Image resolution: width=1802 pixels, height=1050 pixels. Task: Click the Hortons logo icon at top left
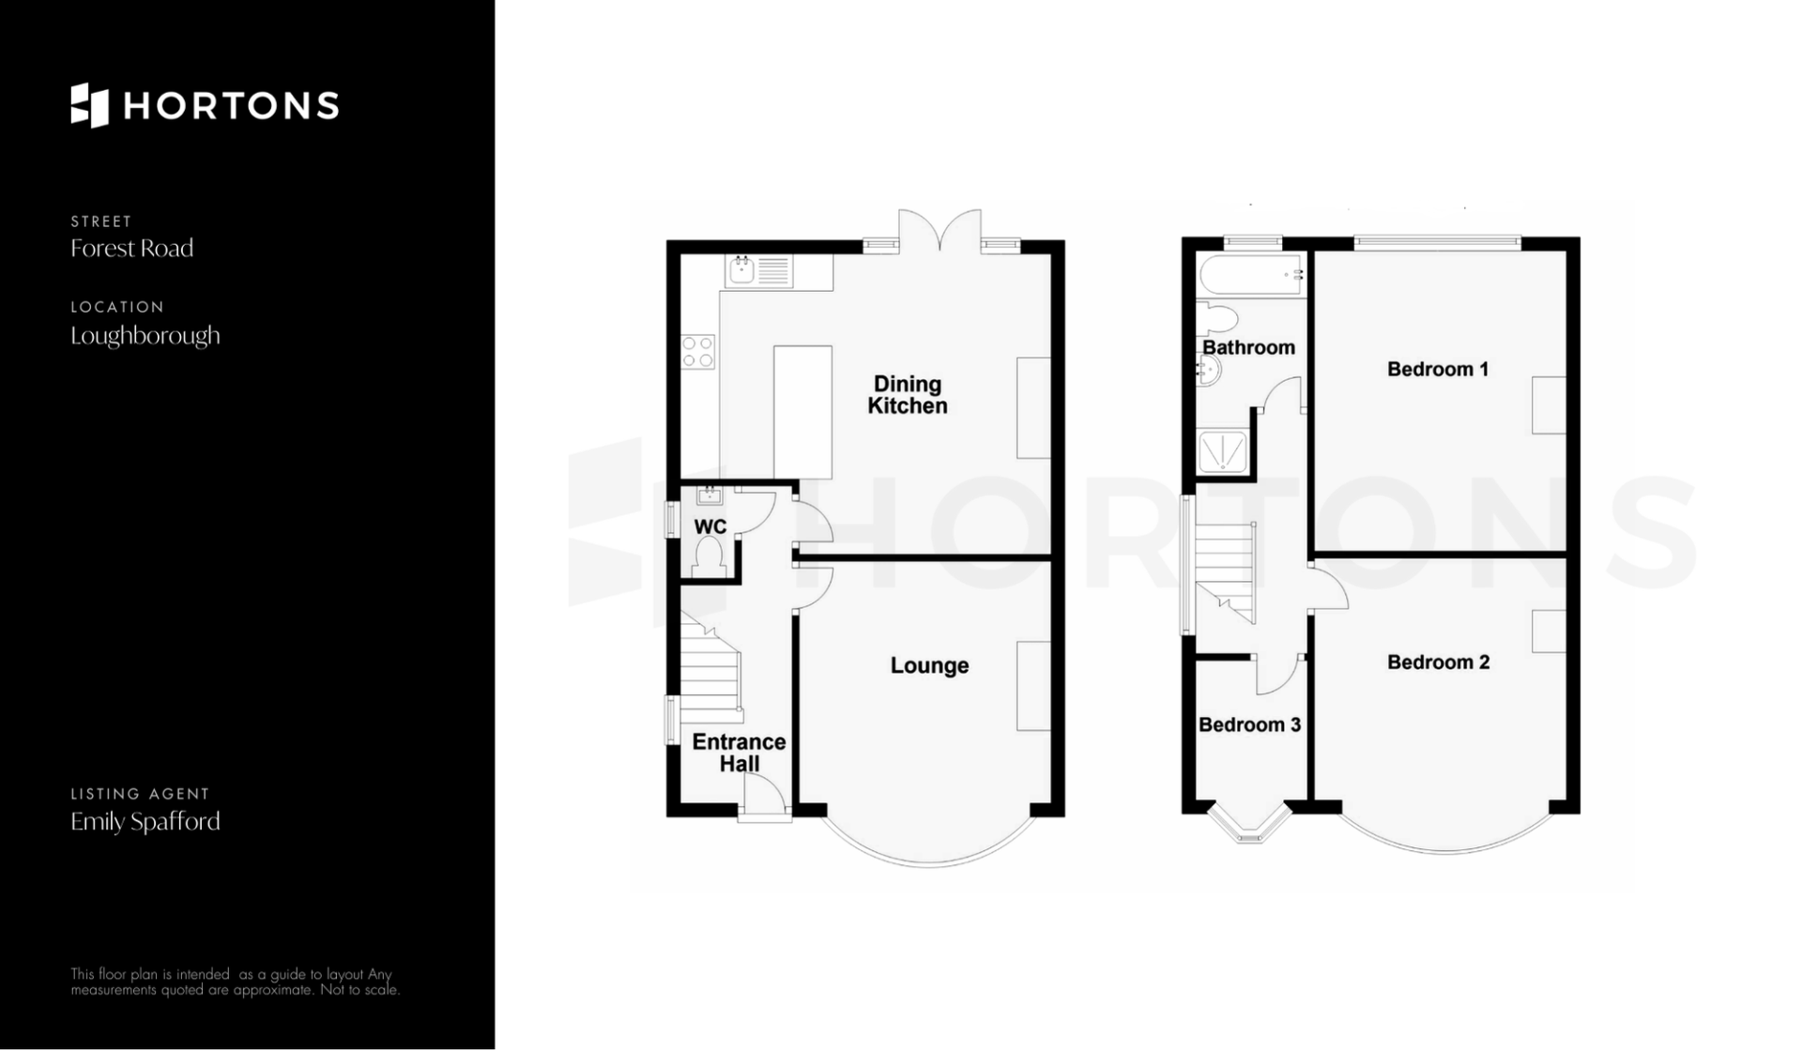90,105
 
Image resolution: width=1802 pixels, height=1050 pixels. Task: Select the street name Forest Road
132,249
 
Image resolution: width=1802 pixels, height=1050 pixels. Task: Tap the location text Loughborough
145,336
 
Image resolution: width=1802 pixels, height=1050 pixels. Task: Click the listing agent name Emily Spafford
145,822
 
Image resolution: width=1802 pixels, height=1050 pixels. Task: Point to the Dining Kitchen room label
908,395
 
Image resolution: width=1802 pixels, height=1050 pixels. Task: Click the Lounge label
929,666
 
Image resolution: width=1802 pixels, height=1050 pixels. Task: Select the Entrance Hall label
740,753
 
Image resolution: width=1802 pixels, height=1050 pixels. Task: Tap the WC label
710,527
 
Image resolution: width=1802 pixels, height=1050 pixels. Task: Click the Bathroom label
1248,347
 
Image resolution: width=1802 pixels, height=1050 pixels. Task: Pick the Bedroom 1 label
1438,370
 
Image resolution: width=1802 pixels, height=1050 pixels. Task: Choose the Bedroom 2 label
1438,662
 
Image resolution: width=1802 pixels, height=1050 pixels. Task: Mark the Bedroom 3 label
1249,725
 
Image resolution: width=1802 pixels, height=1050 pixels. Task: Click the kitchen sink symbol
759,271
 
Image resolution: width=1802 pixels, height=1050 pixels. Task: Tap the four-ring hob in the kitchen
698,352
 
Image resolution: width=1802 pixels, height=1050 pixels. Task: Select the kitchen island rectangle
802,412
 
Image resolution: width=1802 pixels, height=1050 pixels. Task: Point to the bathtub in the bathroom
1251,275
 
